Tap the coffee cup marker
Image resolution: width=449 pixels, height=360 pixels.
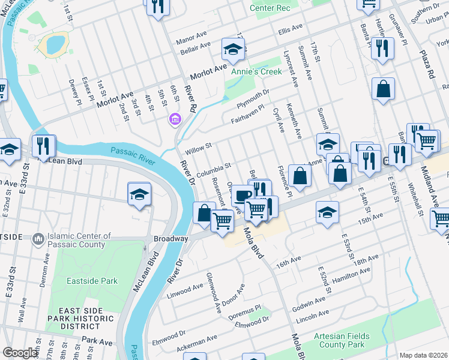click(243, 196)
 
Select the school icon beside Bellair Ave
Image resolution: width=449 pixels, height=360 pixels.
click(233, 48)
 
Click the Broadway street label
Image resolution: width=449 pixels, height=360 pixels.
click(170, 238)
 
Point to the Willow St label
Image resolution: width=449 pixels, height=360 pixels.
click(199, 146)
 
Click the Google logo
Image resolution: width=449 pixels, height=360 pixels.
click(20, 353)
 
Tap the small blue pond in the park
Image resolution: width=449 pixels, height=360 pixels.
click(54, 44)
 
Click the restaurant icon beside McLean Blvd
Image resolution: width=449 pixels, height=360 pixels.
click(44, 145)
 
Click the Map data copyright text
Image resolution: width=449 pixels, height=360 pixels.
click(423, 355)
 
